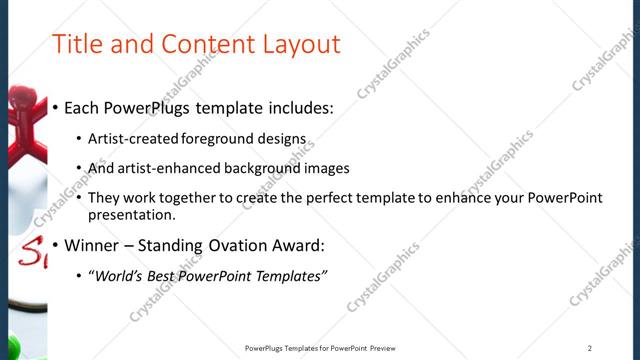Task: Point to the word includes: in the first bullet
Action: [x=298, y=108]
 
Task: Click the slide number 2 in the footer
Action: [x=590, y=348]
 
